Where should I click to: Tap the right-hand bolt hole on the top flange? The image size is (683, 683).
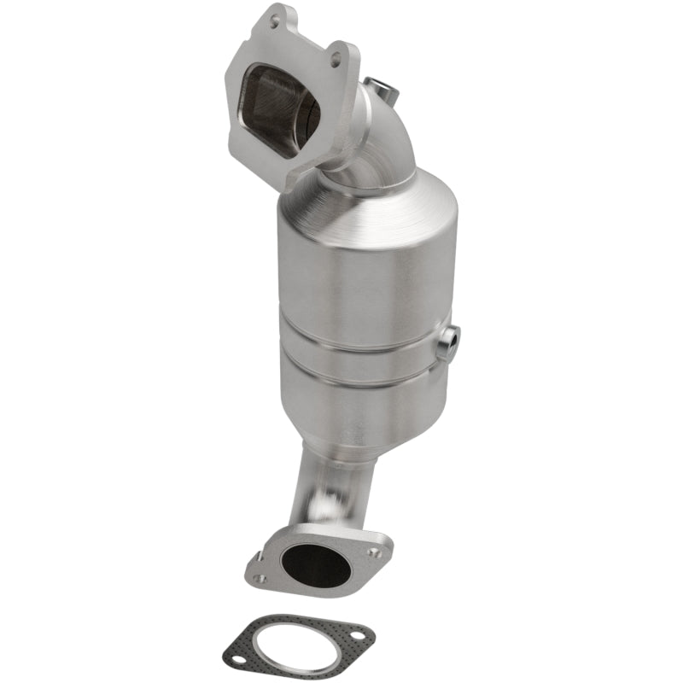[336, 58]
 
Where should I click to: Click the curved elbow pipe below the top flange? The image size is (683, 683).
[376, 145]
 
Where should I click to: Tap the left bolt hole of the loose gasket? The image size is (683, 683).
[241, 656]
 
